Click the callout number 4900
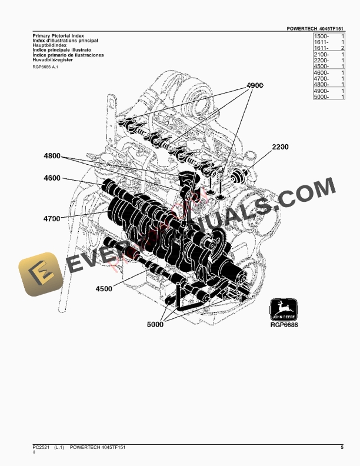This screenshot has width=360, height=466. point(255,86)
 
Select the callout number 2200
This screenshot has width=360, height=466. point(280,147)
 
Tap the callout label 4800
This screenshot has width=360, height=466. point(52,156)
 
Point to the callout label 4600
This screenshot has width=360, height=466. point(52,178)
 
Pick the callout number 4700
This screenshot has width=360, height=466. point(52,218)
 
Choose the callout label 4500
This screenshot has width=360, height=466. point(104,288)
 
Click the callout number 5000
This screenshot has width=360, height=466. point(156,324)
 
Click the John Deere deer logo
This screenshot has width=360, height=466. point(284,309)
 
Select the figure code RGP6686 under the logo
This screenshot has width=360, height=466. point(284,325)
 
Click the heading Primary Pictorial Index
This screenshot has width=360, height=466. point(58,36)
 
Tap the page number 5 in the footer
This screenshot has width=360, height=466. point(342,448)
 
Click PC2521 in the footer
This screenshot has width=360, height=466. point(42,448)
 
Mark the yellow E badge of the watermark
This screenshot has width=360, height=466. point(41,275)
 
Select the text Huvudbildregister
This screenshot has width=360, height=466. point(53,59)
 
